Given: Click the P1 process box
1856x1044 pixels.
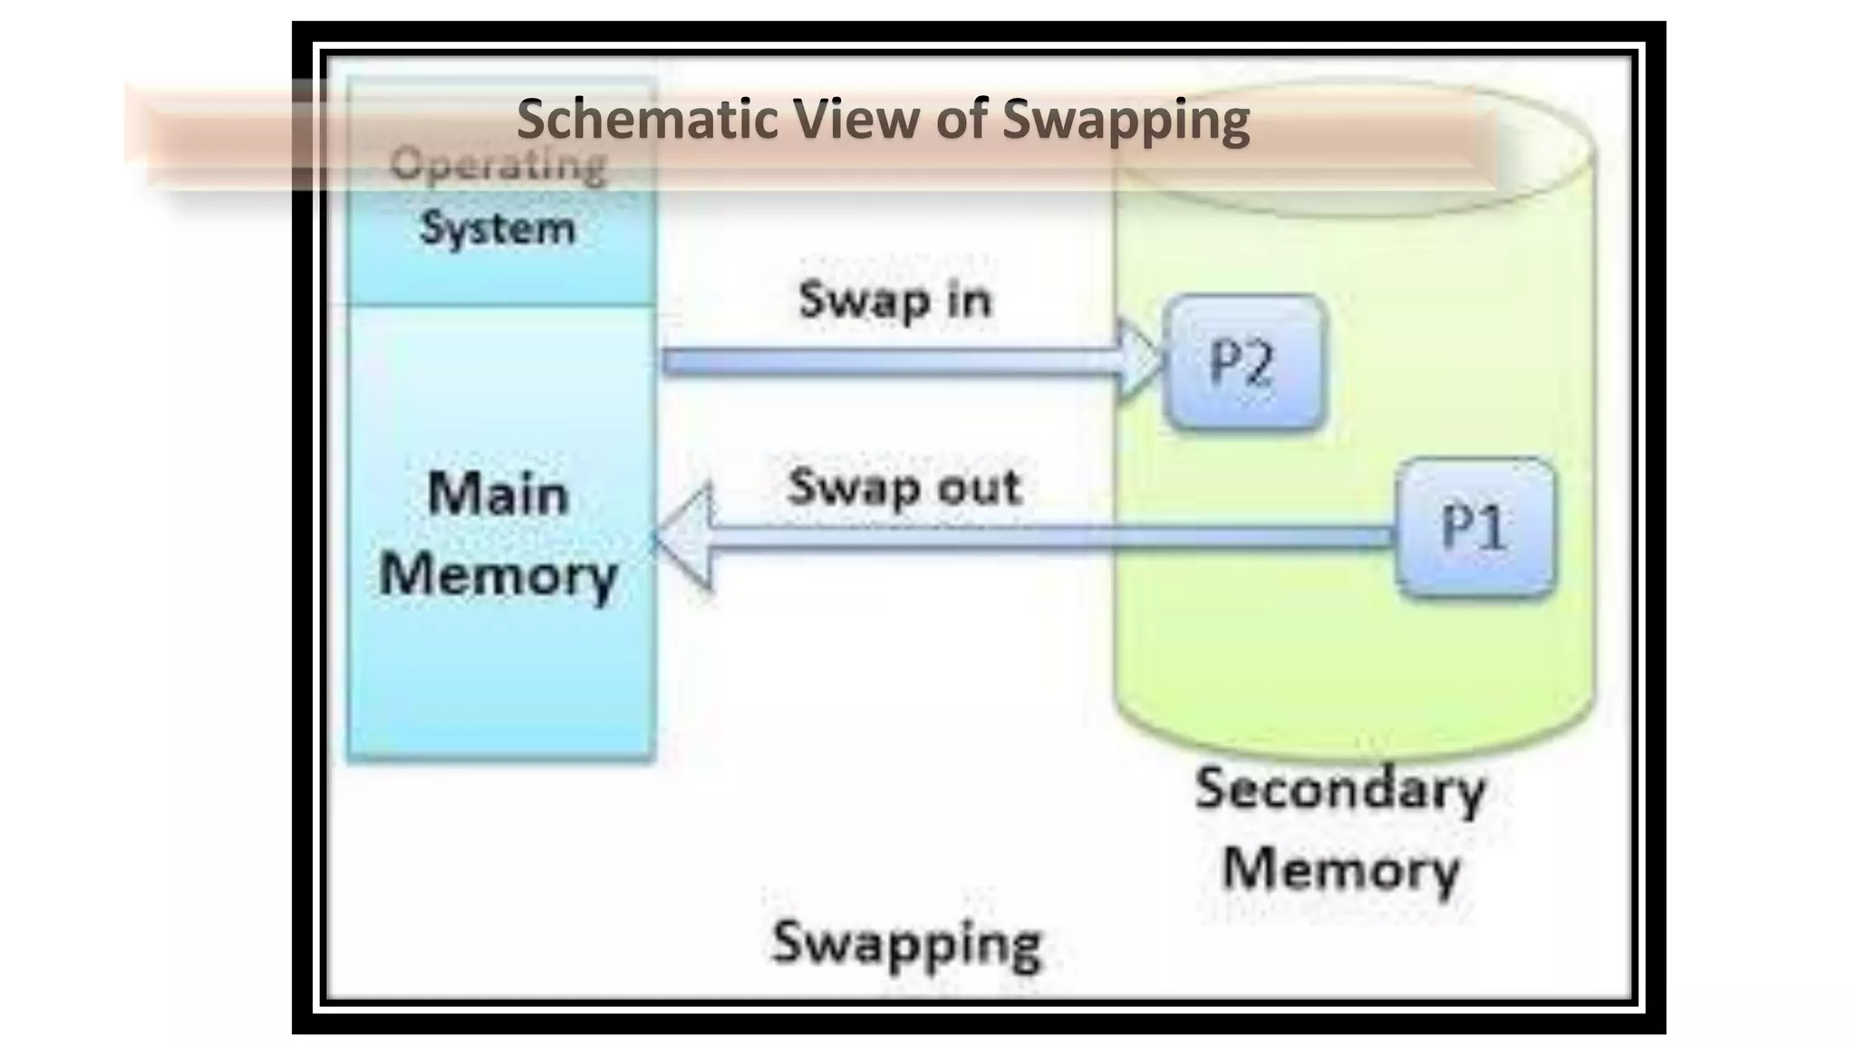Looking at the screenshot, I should (1475, 527).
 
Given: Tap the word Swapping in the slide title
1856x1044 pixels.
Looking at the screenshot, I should (1126, 120).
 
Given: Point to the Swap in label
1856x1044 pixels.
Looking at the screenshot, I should (894, 299).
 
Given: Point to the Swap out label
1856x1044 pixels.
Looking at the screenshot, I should (904, 488).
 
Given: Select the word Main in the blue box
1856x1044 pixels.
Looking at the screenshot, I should (498, 495).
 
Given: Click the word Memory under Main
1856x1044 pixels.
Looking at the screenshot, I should (498, 575).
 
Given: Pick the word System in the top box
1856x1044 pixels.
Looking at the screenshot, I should (498, 227).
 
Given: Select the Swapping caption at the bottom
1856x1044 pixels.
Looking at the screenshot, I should (906, 942).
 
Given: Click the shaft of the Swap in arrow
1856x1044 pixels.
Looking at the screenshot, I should (888, 362).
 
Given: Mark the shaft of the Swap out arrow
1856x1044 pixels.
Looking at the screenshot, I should (1042, 538).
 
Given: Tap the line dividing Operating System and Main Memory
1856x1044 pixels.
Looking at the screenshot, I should (501, 305).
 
